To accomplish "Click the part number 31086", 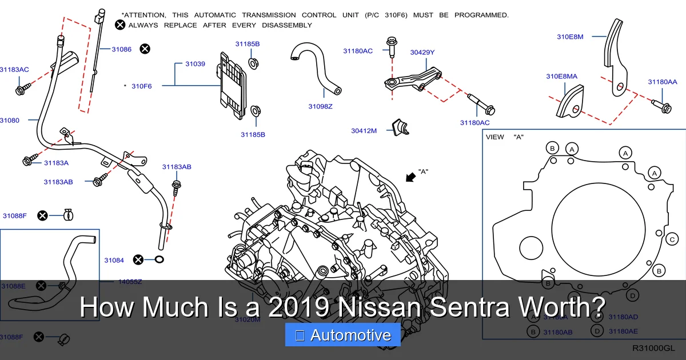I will pos(121,49).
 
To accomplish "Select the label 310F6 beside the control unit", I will pos(142,86).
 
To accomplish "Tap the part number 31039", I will pos(195,63).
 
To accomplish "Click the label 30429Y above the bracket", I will pos(422,52).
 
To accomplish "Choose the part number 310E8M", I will pos(570,37).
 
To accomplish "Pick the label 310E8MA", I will pos(561,76).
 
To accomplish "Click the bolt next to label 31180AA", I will pos(663,106).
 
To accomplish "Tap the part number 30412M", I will pos(364,131).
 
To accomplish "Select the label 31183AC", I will pos(14,70).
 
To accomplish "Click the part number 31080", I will pos(9,120).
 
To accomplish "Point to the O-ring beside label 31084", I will pos(159,260).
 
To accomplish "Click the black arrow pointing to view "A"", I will pos(410,177).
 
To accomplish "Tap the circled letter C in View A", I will pos(672,239).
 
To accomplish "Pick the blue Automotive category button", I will pos(342,335).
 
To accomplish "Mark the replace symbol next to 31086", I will pos(145,49).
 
